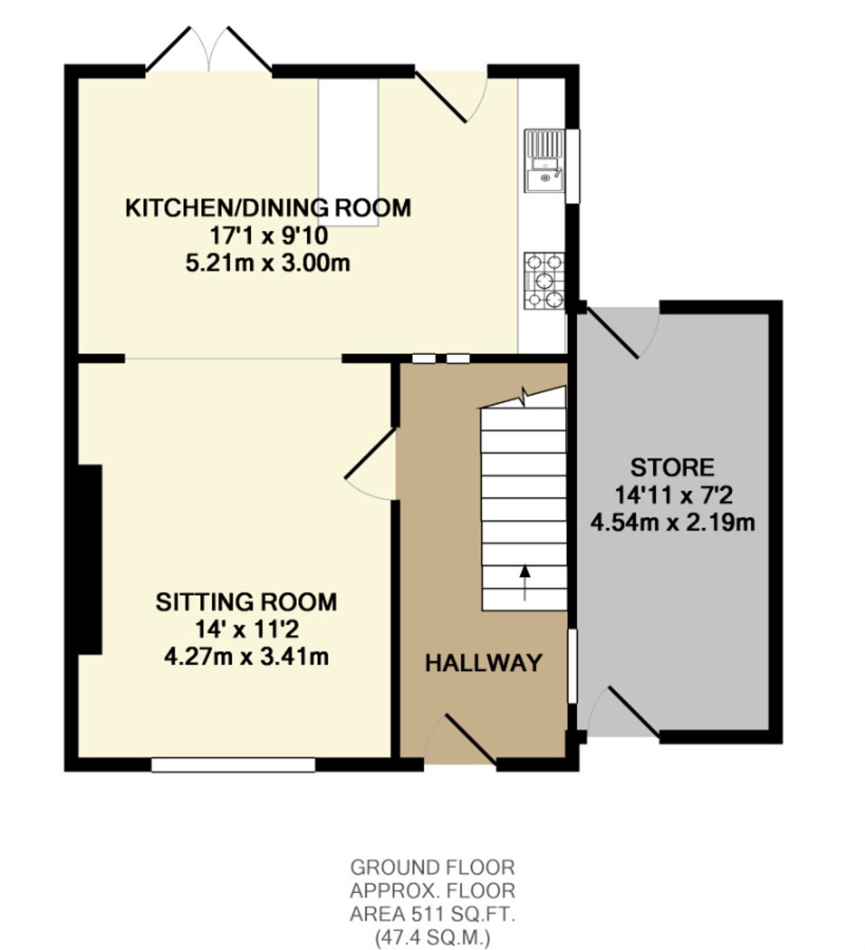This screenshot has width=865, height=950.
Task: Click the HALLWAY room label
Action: tap(484, 663)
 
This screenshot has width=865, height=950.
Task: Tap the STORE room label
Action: tap(673, 468)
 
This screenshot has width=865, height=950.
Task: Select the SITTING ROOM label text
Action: tap(246, 602)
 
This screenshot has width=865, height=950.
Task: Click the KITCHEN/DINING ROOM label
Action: tap(268, 208)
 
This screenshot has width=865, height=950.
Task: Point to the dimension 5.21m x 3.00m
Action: tap(268, 264)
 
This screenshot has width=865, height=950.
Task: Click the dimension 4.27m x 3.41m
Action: tap(246, 657)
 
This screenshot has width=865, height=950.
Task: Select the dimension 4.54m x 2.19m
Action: tap(673, 523)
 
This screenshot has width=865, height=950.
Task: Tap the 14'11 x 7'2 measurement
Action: tap(673, 496)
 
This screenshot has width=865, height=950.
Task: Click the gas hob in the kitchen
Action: tap(544, 281)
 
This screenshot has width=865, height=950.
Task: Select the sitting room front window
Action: tap(233, 765)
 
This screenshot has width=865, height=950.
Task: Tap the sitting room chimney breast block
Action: tap(89, 559)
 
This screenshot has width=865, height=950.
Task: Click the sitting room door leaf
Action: tap(370, 454)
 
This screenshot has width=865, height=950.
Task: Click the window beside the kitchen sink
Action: tap(573, 166)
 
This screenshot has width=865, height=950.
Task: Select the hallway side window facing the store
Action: tap(572, 666)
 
